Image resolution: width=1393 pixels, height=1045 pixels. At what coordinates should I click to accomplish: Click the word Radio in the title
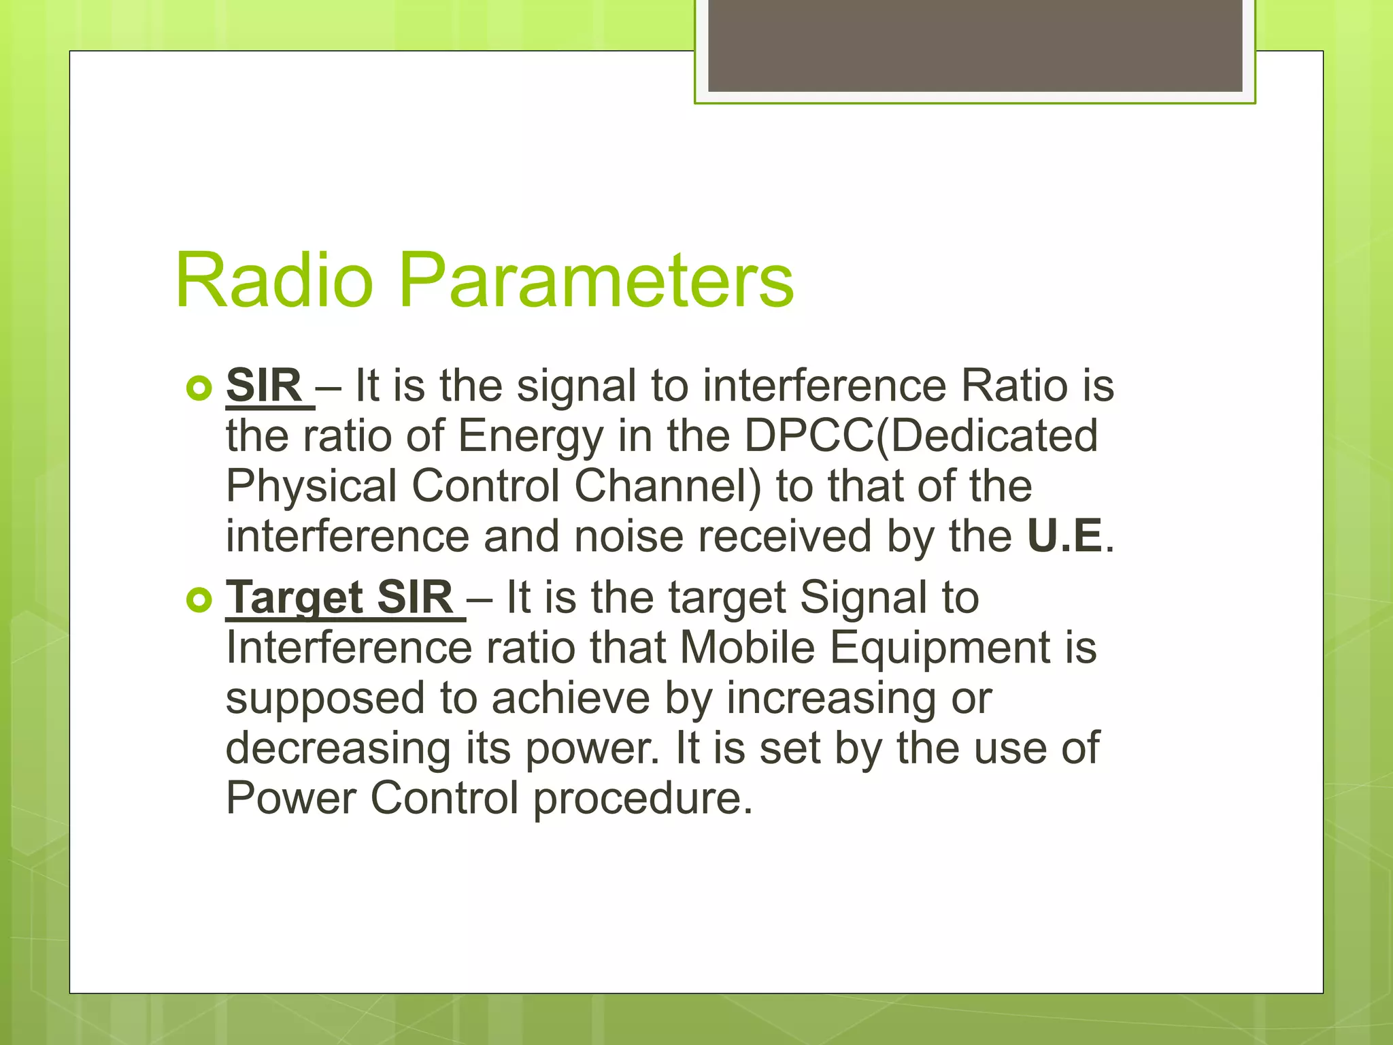tap(274, 280)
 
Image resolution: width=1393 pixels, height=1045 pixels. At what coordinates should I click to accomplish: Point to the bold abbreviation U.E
tap(1064, 537)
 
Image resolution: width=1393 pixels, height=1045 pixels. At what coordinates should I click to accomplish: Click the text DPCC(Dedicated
tap(921, 436)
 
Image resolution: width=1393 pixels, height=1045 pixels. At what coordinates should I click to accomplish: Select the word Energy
tap(531, 437)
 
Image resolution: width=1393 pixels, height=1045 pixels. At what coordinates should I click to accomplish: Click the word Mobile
tap(747, 648)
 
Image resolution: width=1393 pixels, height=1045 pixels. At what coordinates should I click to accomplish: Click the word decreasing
tap(338, 749)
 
